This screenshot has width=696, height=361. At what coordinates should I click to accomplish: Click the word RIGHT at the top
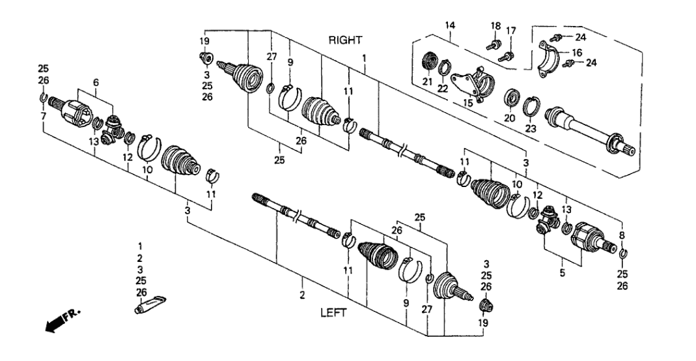[345, 40]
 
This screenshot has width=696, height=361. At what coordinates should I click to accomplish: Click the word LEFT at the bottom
[333, 312]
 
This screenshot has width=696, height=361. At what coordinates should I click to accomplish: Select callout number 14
[450, 25]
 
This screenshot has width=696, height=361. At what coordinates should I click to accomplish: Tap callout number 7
[43, 116]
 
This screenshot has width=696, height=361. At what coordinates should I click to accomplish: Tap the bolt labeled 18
[492, 46]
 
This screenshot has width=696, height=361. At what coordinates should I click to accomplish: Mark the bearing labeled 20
[512, 99]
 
